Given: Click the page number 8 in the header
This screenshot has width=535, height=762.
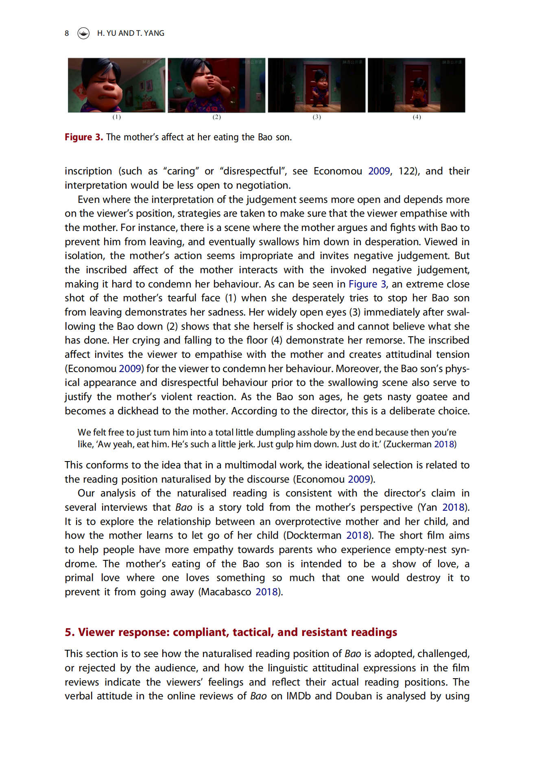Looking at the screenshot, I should click(67, 33).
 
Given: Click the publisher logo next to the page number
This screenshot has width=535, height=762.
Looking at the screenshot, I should click(83, 33).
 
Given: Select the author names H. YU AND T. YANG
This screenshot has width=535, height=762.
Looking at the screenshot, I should click(131, 33).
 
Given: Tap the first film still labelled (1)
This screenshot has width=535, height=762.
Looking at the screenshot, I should click(116, 85).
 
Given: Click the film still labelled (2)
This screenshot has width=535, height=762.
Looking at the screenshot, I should click(216, 85).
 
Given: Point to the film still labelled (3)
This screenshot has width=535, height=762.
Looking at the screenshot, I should click(317, 85).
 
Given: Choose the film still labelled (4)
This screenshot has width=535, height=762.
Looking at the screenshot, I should click(417, 85).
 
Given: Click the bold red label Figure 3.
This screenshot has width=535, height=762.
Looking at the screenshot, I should click(83, 137).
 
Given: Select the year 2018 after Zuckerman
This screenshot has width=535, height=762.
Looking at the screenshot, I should click(444, 444).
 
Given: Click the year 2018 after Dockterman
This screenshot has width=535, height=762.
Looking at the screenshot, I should click(357, 536).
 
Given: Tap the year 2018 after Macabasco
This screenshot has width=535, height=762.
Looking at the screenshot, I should click(266, 592).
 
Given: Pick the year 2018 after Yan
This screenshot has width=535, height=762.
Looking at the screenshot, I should click(453, 507).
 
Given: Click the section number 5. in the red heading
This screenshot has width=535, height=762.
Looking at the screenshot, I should click(70, 633).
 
